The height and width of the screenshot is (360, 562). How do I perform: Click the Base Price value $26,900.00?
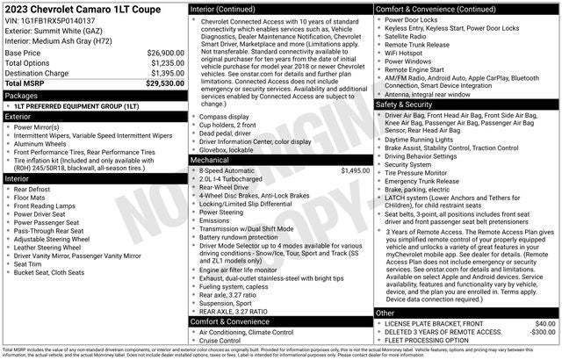tap(164, 53)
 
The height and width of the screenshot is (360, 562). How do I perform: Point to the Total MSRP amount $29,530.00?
tap(163, 84)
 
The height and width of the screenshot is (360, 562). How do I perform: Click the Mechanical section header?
tap(210, 160)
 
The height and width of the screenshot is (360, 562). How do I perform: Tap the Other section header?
tap(385, 313)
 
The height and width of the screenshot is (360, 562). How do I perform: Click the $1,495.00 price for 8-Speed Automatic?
tap(354, 170)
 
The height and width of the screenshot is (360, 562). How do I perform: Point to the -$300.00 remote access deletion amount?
tap(541, 333)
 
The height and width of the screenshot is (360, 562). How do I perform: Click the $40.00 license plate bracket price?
tap(544, 323)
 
